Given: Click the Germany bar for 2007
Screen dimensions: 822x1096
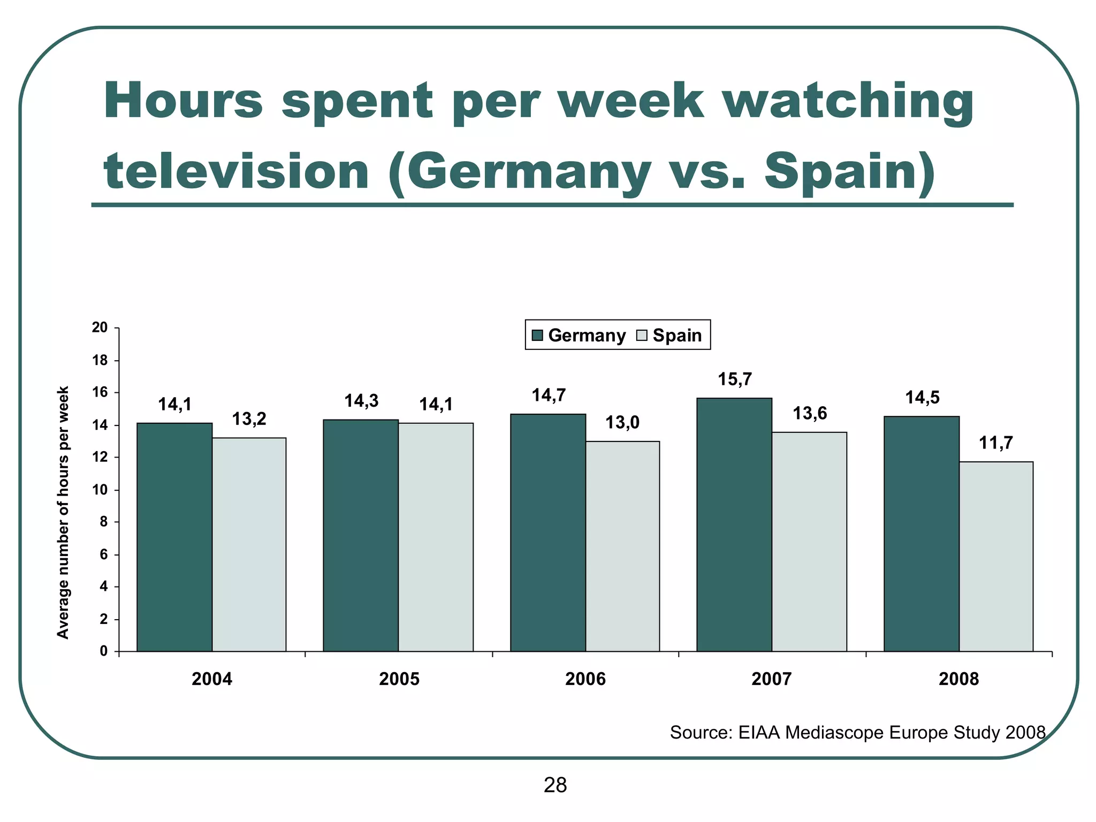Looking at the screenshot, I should [734, 524].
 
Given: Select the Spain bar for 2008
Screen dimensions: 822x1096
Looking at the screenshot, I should [995, 557].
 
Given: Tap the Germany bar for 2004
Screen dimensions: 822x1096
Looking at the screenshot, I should [174, 537].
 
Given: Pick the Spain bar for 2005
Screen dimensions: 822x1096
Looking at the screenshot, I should [436, 537].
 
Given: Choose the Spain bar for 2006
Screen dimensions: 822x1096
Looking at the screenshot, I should [622, 546].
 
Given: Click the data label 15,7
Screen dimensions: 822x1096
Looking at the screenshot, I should [734, 379].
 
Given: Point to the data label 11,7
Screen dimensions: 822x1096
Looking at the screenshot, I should [995, 443].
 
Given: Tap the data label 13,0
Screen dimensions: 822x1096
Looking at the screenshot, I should [622, 423].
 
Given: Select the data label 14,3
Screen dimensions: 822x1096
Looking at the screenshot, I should [361, 401].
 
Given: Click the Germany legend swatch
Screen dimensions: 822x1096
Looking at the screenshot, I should [537, 336].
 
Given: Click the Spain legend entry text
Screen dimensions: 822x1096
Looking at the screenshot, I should [677, 336].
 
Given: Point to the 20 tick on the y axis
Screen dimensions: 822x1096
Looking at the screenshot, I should [100, 328].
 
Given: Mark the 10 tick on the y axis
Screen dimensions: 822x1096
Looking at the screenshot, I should [100, 490].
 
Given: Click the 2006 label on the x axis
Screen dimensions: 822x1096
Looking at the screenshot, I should [585, 679].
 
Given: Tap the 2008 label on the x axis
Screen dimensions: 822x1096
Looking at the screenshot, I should [958, 679].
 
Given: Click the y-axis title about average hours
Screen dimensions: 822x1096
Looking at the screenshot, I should [63, 512].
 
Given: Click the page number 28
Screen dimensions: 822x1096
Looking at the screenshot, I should [555, 786].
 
